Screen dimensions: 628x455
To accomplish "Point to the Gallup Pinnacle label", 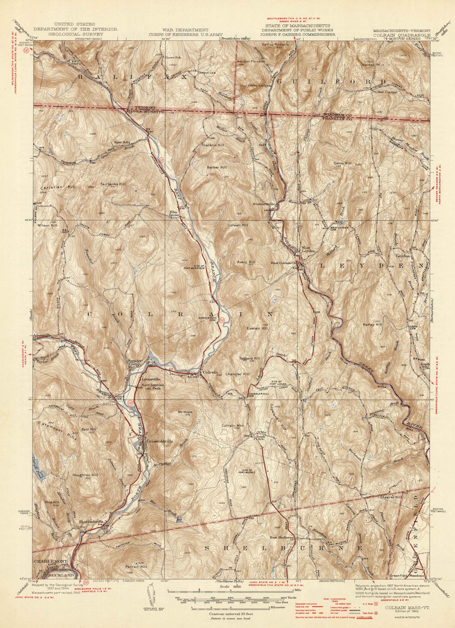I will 276,44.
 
